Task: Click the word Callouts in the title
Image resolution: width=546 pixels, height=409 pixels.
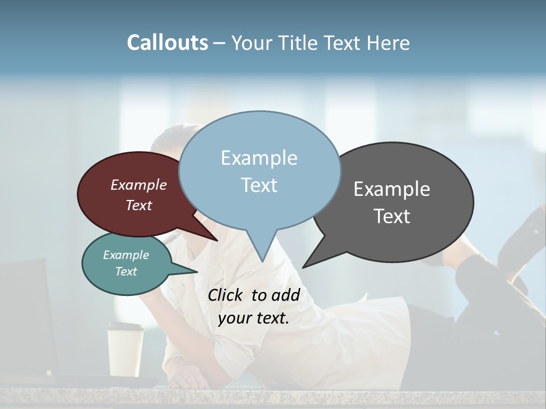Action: point(167,43)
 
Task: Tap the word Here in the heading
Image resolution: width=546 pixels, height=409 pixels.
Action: point(387,43)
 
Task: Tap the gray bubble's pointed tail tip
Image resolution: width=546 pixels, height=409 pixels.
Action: point(303,267)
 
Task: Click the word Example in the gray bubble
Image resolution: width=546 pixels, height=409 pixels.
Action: point(392,189)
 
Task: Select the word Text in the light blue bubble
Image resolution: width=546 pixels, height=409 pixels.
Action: point(259,185)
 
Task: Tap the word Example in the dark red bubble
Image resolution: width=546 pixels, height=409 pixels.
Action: point(139,185)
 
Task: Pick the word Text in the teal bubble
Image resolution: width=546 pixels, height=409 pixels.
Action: point(126,272)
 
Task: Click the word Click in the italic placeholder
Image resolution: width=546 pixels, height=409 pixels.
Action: point(226,295)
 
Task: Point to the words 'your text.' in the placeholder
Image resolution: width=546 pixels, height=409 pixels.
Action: point(254,318)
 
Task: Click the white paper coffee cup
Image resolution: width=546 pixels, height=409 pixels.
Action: point(126,355)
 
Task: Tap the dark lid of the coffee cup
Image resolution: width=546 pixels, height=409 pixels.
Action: point(126,327)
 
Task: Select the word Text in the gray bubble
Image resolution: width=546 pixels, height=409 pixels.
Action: point(392,216)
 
